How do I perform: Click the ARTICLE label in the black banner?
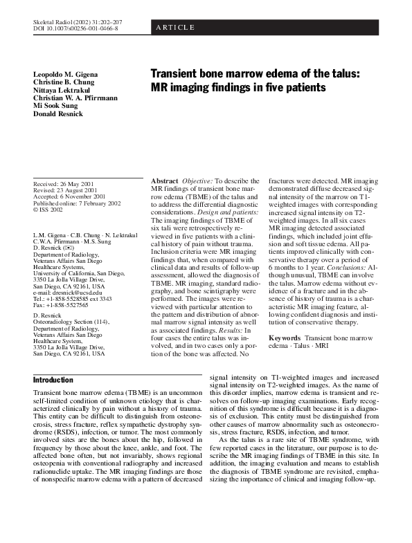point(175,28)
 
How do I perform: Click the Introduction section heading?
point(53,380)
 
